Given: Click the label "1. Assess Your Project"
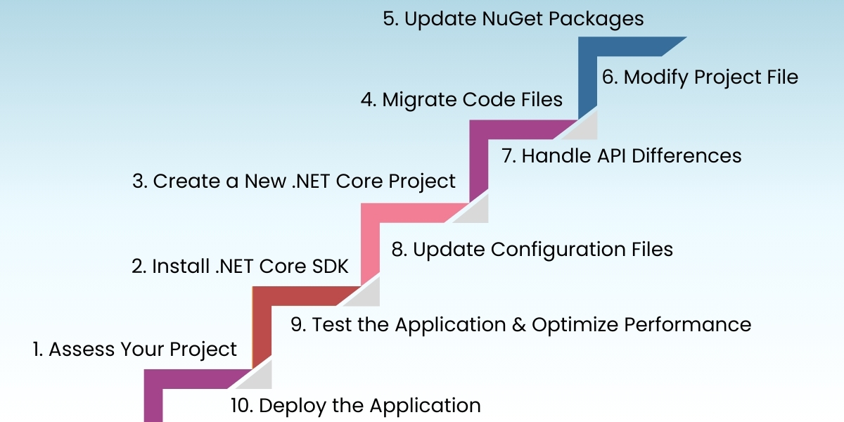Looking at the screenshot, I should [x=135, y=350].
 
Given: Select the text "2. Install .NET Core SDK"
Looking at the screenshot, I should [x=241, y=267].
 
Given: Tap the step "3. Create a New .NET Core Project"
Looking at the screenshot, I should [x=294, y=181].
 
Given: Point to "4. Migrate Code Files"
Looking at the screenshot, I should [x=461, y=100].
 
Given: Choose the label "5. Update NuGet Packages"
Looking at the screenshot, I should [x=513, y=18].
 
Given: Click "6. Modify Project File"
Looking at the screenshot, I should [x=700, y=77].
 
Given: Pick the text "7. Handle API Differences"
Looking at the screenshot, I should [x=622, y=155].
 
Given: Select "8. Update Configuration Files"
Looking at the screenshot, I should [x=532, y=249].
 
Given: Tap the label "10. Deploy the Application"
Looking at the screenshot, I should [x=356, y=405].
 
